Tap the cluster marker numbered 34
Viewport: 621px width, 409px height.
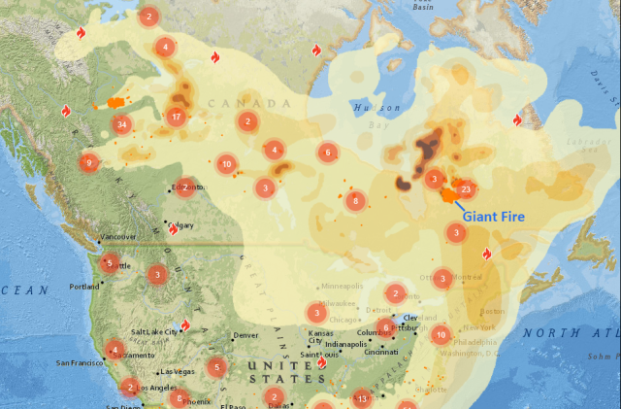(121, 124)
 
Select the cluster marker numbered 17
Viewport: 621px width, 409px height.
(176, 117)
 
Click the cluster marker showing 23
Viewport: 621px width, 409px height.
(467, 189)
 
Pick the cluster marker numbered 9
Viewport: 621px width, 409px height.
(88, 163)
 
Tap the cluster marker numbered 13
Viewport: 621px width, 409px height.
(362, 398)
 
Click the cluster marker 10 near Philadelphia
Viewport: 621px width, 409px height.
(441, 335)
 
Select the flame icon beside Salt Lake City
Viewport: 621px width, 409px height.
(185, 326)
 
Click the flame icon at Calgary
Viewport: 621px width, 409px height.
(174, 229)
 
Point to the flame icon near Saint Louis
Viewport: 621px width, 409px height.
(322, 364)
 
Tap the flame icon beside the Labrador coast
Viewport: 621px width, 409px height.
(517, 119)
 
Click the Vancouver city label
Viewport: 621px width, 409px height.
(118, 237)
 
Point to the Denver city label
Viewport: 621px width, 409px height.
(245, 336)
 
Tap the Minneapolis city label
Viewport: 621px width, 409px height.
(342, 287)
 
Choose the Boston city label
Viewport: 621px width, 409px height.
(493, 310)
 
